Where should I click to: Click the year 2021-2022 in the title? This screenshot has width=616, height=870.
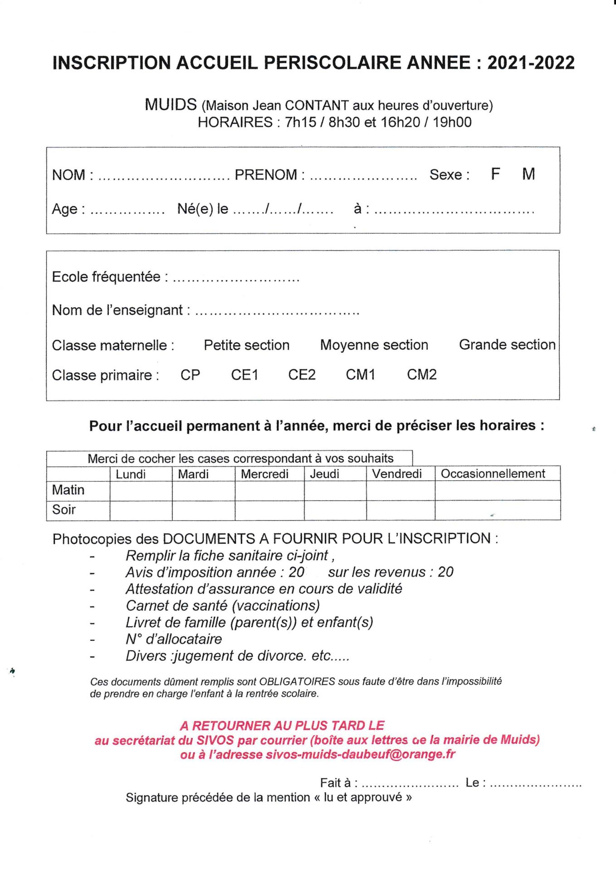coord(531,63)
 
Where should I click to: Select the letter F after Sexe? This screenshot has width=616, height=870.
coord(495,174)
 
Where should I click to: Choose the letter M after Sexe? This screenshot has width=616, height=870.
coord(528,174)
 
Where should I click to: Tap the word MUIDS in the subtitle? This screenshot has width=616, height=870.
coord(171,105)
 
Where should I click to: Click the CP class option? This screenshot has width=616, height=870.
coord(190,375)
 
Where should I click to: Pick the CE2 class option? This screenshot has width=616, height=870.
coord(302,375)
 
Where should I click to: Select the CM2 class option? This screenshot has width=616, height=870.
coord(421,375)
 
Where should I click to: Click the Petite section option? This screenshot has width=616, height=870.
coord(246,345)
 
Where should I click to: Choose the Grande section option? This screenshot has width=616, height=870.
coord(507,345)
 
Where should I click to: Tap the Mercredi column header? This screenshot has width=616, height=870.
coord(264,474)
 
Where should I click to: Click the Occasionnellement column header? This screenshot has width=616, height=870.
coord(493,474)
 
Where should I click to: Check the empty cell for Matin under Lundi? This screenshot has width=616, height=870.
coord(141,491)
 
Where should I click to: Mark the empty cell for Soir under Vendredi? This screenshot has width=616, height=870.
coord(400,510)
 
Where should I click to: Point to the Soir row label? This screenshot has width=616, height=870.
coord(64,510)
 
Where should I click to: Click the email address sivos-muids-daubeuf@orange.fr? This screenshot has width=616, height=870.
coord(360,754)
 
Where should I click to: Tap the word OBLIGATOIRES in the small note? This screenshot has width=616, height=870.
coord(297,681)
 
